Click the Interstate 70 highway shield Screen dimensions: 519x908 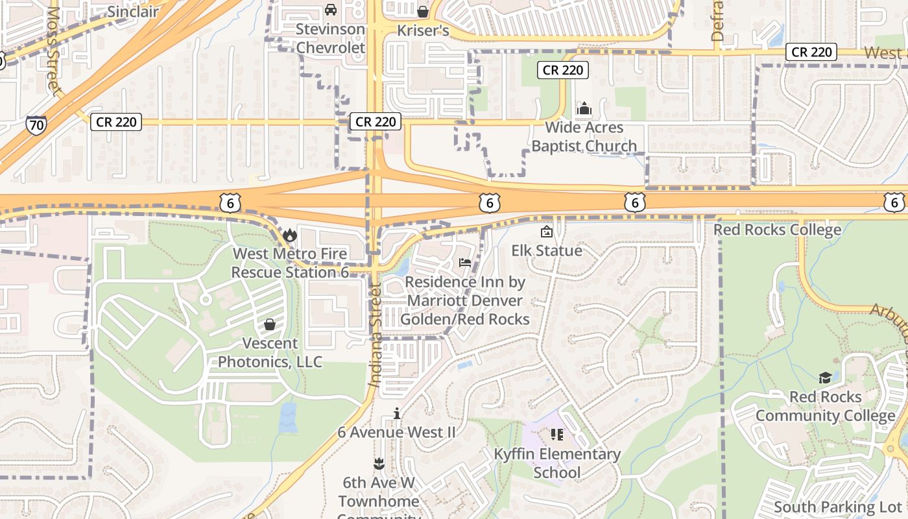coord(36,125)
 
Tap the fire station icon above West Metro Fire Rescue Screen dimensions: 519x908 coord(289,234)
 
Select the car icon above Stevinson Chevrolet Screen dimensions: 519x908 coord(330,10)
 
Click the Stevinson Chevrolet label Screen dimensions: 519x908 coord(331,38)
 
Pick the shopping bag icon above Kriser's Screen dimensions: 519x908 coord(423,12)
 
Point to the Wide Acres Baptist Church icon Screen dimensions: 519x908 coord(584,108)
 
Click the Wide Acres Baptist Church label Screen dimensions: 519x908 coord(584,137)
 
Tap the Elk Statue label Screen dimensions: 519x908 coord(547,250)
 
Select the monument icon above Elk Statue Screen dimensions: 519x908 coord(547,232)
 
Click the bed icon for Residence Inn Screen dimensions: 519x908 coord(465,263)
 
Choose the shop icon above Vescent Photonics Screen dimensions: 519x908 coord(270,324)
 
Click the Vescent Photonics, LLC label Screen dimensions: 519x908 coord(270,352)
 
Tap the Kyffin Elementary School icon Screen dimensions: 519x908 coord(557,434)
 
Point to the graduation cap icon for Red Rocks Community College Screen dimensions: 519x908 coord(825,378)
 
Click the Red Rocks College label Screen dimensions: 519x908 coord(777,230)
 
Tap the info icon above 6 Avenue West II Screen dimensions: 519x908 coord(397,413)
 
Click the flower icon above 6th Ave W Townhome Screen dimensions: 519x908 coord(379,463)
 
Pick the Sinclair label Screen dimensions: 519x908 coord(133,12)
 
